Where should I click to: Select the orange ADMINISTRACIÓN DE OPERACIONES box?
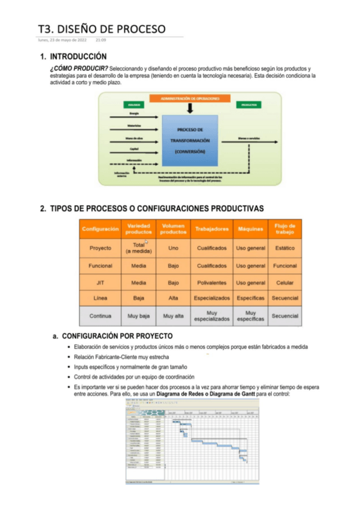point(189,98)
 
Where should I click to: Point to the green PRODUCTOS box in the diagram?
point(249,105)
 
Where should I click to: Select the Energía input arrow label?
point(134,114)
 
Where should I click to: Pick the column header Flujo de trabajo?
point(284,229)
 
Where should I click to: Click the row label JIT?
point(100,283)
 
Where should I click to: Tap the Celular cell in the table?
point(284,283)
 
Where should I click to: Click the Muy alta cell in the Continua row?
point(172,316)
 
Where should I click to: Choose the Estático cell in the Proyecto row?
point(284,248)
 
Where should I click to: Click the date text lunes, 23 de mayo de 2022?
point(63,40)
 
